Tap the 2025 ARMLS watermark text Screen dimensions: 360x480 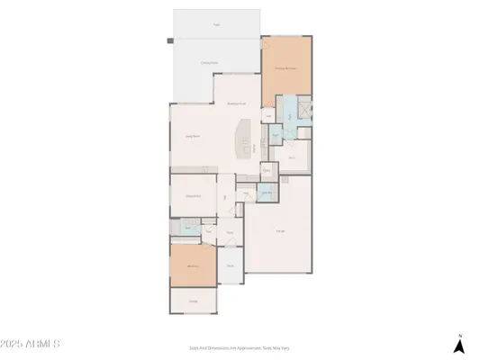pyautogui.click(x=32, y=344)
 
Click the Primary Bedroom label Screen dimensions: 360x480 pyautogui.click(x=286, y=67)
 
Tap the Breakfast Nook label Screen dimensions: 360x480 pyautogui.click(x=237, y=103)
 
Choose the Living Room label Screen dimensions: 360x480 pyautogui.click(x=192, y=136)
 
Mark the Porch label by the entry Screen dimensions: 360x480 pyautogui.click(x=230, y=265)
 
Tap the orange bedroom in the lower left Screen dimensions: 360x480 pyautogui.click(x=193, y=266)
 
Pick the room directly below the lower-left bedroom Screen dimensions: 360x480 pyautogui.click(x=193, y=301)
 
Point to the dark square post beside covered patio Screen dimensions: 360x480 pyautogui.click(x=168, y=40)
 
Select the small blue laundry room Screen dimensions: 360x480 pyautogui.click(x=267, y=191)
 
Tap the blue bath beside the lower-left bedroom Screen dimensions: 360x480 pyautogui.click(x=187, y=229)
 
